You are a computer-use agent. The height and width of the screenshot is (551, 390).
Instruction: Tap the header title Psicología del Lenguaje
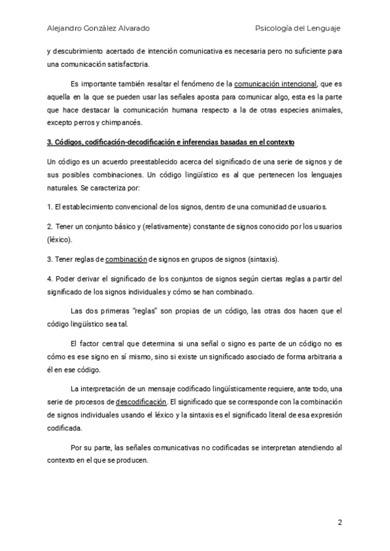tap(298, 28)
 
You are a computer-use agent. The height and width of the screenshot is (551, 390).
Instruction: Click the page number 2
tap(339, 522)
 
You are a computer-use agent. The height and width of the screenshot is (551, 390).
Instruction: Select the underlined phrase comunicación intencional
tap(276, 84)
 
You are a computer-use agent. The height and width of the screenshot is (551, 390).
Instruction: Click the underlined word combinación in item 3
tap(125, 259)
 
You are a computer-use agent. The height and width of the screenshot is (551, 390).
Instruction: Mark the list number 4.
tap(49, 279)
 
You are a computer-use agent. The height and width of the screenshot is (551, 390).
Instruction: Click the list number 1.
tap(49, 207)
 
